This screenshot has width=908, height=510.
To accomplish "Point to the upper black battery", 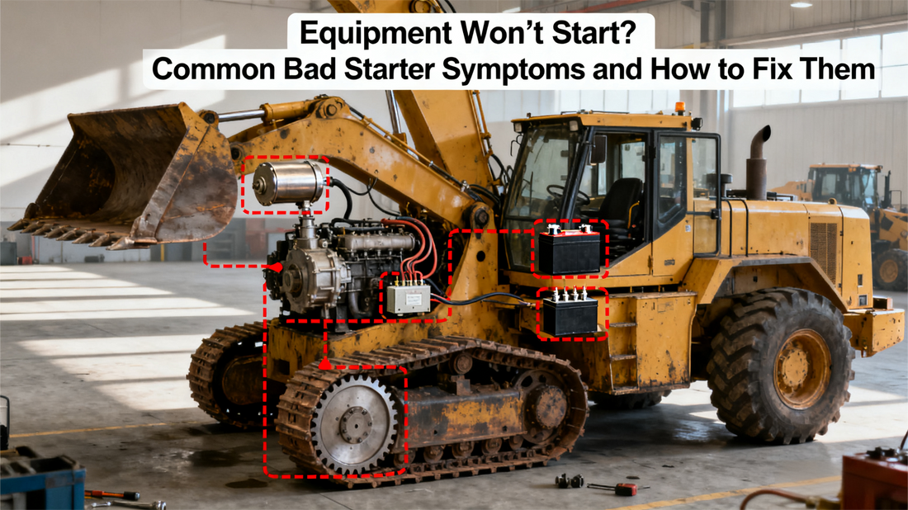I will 570,250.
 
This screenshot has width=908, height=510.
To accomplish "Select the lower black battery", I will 570,314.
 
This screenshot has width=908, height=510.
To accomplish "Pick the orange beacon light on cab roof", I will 680,108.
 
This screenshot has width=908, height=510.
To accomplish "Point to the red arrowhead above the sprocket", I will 324,363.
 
